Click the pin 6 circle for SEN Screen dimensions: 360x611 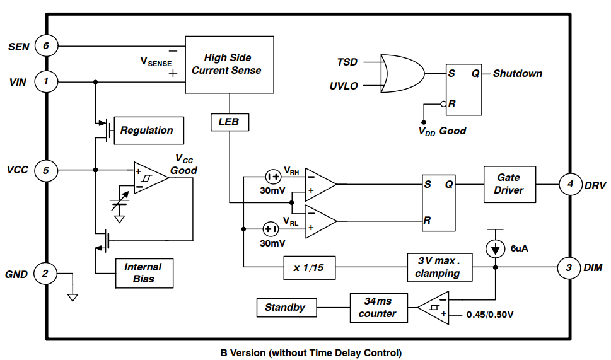(46, 46)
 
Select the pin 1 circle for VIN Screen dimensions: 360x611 (46, 81)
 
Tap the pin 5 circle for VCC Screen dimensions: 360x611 (46, 170)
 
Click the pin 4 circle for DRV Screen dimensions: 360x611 (570, 185)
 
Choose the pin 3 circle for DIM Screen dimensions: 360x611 (569, 268)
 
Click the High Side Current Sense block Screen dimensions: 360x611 (229, 65)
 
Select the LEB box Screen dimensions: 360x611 (229, 122)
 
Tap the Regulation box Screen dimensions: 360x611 (147, 131)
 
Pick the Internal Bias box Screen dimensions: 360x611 (143, 273)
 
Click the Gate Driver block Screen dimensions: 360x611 (509, 184)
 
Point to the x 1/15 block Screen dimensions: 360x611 (309, 267)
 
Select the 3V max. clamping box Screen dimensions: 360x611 (439, 267)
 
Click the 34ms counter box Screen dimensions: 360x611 (378, 308)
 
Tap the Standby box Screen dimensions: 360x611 (286, 308)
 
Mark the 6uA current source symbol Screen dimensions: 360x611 (495, 248)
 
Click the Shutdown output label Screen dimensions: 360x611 (518, 73)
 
